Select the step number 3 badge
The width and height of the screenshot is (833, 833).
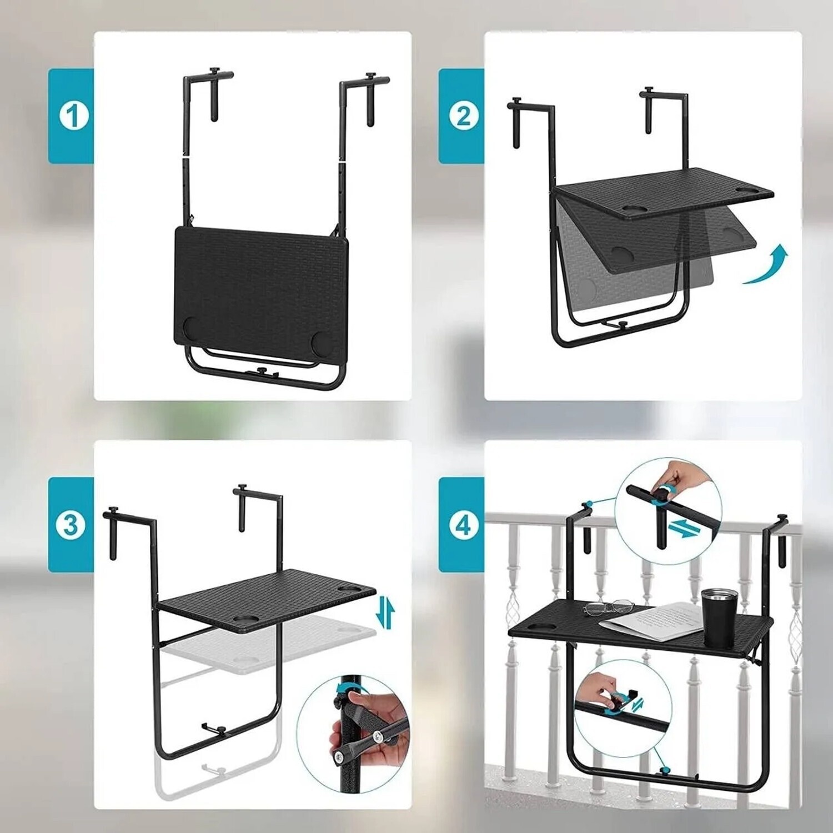point(71,525)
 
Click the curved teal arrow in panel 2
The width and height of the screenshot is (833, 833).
point(769,267)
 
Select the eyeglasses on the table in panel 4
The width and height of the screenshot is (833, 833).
point(608,606)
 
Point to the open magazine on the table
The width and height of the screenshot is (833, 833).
point(655,619)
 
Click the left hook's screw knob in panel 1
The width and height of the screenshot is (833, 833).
point(214,72)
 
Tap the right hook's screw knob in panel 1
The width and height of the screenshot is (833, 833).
point(370,76)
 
